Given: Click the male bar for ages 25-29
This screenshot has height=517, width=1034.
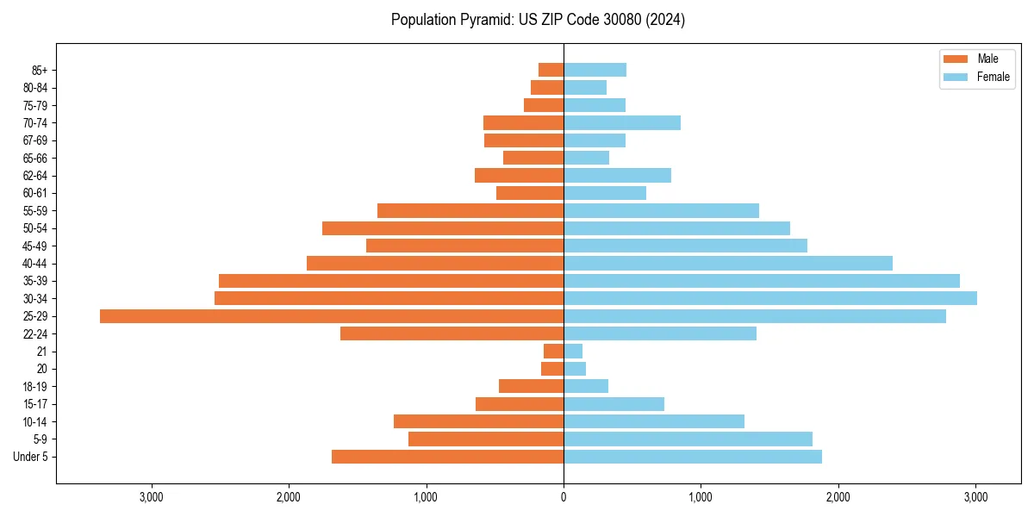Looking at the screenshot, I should (x=332, y=316).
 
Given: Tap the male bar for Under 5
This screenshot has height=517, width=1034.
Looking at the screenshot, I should (x=447, y=457).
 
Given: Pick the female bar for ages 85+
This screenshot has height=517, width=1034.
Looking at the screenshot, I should (x=595, y=70).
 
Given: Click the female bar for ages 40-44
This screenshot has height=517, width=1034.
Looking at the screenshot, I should (x=728, y=263).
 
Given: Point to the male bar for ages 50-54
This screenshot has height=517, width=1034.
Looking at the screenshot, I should (x=443, y=228).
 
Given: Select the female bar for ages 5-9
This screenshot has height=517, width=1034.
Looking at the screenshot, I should (x=688, y=439).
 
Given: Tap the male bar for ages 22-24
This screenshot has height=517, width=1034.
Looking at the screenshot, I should (x=452, y=333).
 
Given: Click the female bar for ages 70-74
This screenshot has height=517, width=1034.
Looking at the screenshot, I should (x=622, y=122).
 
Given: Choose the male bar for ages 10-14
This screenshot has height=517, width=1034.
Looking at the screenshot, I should (x=478, y=421).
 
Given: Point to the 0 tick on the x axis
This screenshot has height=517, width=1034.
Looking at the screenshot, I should (x=564, y=497).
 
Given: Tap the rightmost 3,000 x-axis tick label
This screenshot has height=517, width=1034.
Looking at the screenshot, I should (x=975, y=497).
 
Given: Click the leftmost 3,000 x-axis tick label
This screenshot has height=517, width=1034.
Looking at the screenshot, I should (x=152, y=497).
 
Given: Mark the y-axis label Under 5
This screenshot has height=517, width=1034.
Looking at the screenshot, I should (x=30, y=457).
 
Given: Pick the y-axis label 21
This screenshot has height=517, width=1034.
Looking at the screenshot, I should (x=41, y=352).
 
